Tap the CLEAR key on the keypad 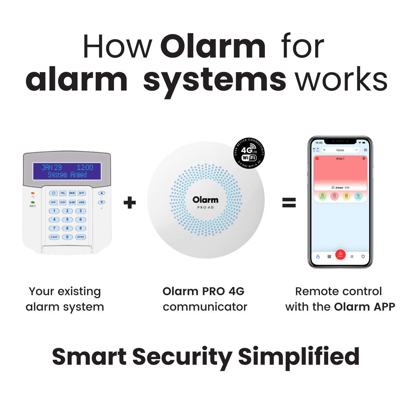tap(54, 237)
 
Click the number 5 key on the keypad tap(67, 219)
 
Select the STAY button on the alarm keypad tap(63, 202)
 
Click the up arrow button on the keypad tap(101, 193)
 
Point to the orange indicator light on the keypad tap(33, 193)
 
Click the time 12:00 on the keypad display tap(85, 168)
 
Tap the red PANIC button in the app tap(340, 254)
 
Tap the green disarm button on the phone tap(322, 196)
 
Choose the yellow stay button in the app tap(346, 196)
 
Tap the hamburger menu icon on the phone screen tap(365, 150)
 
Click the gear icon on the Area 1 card tap(364, 159)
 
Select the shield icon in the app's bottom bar tap(363, 256)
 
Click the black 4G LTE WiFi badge tap(249, 153)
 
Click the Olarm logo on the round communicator tap(205, 200)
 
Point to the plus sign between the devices tap(129, 203)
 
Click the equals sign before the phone tap(289, 203)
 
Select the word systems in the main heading tap(214, 80)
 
